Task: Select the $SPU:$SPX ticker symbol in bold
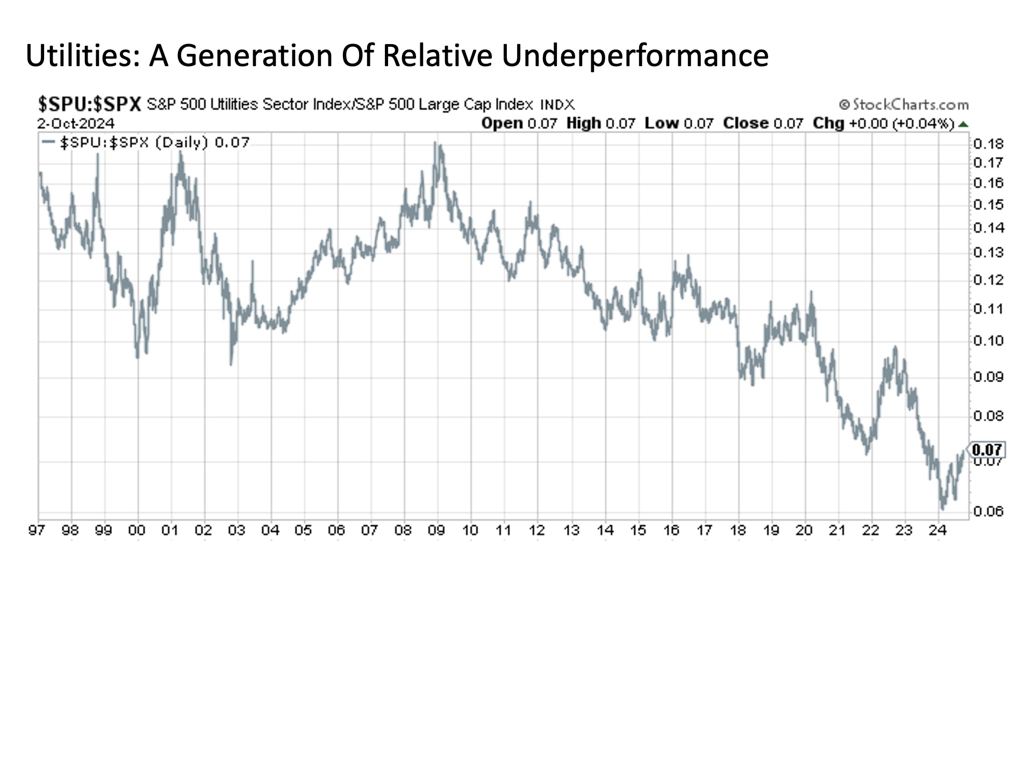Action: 89,104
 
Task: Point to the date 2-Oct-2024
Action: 76,124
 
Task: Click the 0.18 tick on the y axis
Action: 988,144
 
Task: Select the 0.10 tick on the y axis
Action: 988,341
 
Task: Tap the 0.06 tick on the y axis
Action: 988,511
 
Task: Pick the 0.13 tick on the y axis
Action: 988,253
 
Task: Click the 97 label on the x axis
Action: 37,531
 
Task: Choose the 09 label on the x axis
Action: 436,531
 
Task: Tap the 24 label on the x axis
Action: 937,531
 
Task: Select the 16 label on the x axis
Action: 671,531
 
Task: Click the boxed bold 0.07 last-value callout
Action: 987,449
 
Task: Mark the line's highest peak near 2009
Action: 436,143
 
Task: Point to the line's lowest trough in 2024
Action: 943,508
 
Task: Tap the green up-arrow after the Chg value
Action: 963,124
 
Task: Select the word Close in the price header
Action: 746,124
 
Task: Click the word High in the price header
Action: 584,124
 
